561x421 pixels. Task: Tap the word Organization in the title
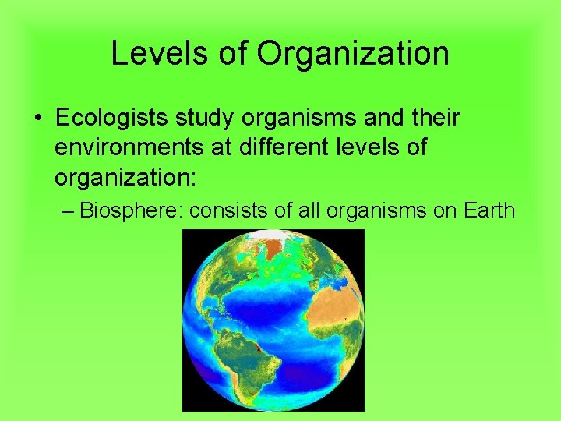click(x=353, y=53)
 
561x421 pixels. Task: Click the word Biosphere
click(x=130, y=210)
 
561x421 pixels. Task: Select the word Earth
click(x=489, y=210)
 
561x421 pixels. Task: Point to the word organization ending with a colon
click(x=126, y=175)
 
